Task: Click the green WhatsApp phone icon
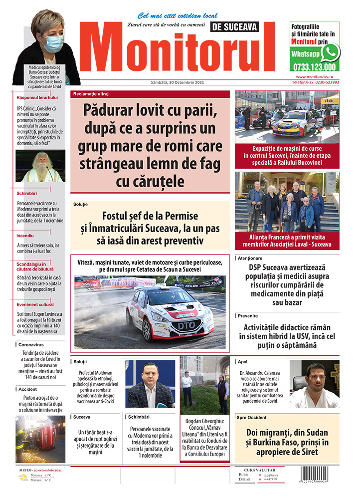click(x=330, y=52)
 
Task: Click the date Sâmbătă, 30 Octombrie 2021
click(x=177, y=82)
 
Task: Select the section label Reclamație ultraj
click(x=91, y=94)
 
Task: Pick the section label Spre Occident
click(x=252, y=417)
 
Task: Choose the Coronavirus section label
click(x=34, y=344)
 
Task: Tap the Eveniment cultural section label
click(x=35, y=304)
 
